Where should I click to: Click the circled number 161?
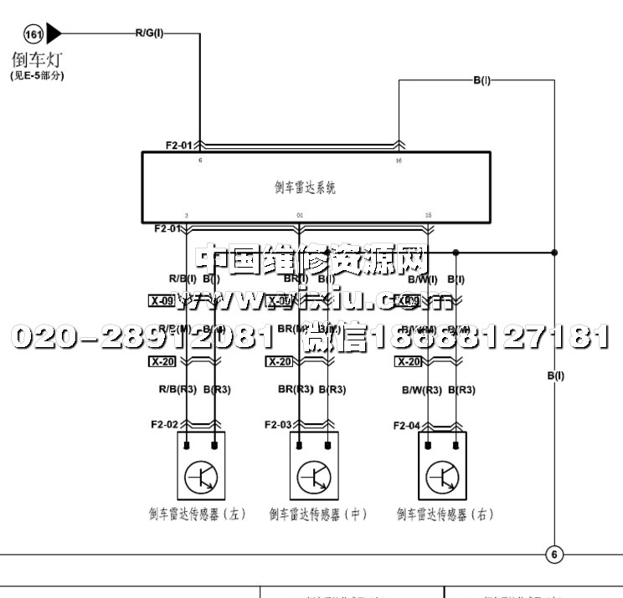(x=34, y=34)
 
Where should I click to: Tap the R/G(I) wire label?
(x=150, y=33)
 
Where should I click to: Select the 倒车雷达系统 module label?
(x=305, y=188)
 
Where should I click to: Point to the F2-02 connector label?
(x=163, y=425)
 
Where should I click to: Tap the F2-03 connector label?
(x=278, y=425)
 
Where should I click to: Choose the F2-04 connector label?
(x=408, y=426)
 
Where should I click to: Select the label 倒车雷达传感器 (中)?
(x=318, y=514)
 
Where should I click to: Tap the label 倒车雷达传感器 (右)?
(x=445, y=514)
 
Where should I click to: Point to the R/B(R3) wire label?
(x=177, y=390)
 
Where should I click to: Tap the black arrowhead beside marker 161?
(x=54, y=34)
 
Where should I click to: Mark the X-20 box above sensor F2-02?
(x=162, y=362)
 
